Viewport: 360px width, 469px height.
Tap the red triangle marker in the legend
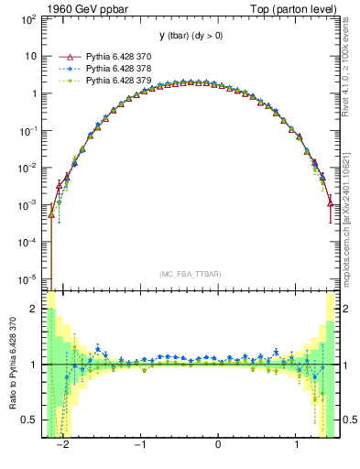64,56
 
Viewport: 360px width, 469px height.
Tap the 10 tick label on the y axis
34,56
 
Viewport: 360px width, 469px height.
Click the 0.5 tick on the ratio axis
33,420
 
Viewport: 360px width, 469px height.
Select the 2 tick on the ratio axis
38,309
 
